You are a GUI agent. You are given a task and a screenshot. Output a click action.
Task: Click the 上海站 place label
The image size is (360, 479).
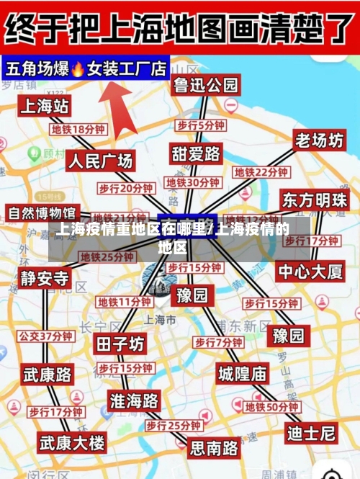coord(45,107)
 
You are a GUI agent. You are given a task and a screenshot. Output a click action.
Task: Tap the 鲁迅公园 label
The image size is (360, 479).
coord(205,85)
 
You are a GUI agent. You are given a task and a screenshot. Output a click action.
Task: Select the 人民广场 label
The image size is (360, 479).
coord(100,161)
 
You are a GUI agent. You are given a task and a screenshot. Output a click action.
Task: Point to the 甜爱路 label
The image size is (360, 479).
coord(196,153)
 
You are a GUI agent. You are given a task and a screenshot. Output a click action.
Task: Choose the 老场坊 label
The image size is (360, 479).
coord(319,141)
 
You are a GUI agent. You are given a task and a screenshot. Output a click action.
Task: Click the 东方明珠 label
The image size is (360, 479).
coord(314,200)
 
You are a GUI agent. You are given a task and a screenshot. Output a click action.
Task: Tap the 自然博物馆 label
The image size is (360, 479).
coord(42,213)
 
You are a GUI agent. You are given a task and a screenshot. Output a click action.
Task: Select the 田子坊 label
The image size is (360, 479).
coord(120,344)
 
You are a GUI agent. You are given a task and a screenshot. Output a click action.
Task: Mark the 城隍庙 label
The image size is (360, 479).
coord(243,373)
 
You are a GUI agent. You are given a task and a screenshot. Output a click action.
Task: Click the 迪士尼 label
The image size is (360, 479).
coord(311,433)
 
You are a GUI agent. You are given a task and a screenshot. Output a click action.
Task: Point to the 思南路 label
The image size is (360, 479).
coord(214,448)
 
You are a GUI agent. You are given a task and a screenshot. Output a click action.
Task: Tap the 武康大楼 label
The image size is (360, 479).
coord(71,442)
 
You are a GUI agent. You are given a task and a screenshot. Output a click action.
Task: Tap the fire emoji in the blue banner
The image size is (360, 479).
coord(78,69)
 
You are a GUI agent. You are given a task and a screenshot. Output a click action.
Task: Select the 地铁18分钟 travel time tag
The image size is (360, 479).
coord(78,130)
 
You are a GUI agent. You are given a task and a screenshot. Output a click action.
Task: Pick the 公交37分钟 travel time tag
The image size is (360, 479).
coord(45,336)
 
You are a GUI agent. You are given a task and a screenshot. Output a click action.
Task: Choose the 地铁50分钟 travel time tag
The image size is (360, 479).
coord(272,407)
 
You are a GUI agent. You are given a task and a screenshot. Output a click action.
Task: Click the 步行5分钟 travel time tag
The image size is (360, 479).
coord(201,125)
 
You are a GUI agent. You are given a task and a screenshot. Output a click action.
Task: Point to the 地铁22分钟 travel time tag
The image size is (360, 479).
coord(261,173)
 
